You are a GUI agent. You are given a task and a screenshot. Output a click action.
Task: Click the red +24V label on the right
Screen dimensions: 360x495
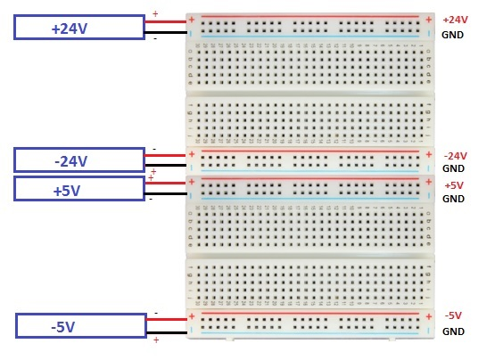(454, 20)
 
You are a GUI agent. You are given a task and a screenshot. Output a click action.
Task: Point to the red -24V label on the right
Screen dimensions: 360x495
(455, 155)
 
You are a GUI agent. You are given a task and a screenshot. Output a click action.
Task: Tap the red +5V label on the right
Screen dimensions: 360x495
(454, 185)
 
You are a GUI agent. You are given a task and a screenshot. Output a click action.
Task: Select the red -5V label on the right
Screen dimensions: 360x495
(453, 315)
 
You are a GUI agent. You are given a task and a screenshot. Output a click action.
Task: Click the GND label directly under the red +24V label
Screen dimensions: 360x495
(453, 35)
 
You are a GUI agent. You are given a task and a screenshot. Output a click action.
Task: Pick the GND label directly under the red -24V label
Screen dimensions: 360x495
(453, 168)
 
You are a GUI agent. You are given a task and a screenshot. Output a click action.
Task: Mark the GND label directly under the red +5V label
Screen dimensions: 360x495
(453, 199)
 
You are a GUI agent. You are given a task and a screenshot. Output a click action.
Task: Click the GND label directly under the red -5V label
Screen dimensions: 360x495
(453, 331)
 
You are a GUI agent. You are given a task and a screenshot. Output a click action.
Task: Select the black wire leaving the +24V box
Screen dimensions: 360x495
(165, 33)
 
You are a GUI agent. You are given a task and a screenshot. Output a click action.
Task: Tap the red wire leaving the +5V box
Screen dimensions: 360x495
(165, 182)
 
